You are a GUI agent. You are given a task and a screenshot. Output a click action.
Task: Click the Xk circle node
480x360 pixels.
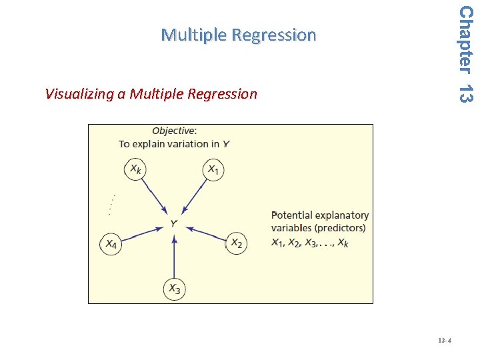pyautogui.click(x=135, y=170)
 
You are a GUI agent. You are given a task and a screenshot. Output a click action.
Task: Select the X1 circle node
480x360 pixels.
pyautogui.click(x=213, y=170)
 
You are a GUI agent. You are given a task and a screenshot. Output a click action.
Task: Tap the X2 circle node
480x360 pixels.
pyautogui.click(x=236, y=243)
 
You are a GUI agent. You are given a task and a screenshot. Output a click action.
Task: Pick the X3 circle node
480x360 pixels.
pyautogui.click(x=174, y=289)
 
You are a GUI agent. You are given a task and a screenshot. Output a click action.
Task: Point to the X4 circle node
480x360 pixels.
pyautogui.click(x=112, y=244)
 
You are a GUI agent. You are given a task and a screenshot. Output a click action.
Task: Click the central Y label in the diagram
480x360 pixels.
pyautogui.click(x=174, y=224)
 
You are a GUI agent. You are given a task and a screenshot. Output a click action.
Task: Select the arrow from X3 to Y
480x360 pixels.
pyautogui.click(x=174, y=257)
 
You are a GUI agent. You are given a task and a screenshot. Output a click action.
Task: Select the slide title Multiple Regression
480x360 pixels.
pyautogui.click(x=239, y=35)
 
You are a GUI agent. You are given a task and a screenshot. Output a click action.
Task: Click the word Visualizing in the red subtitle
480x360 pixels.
pyautogui.click(x=79, y=94)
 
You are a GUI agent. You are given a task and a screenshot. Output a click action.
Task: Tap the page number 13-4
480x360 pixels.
pyautogui.click(x=445, y=341)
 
